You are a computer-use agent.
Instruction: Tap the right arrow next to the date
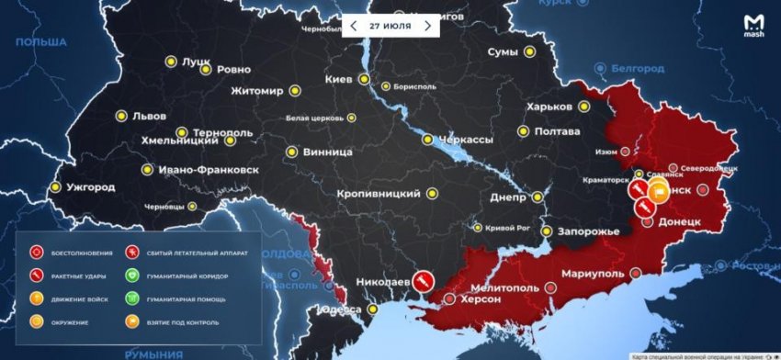[427, 26]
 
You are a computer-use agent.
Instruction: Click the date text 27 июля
[390, 26]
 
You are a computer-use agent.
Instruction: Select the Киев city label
[339, 79]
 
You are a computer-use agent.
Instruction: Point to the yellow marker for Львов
[119, 117]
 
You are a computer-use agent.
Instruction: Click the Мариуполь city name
[589, 274]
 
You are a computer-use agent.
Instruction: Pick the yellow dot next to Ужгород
[55, 187]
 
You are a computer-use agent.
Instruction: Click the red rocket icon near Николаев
[424, 278]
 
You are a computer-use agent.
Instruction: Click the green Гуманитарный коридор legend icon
[133, 275]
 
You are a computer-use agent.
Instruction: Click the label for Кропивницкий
[383, 194]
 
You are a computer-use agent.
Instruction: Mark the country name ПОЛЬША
[41, 42]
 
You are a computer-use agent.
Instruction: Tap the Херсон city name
[480, 299]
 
